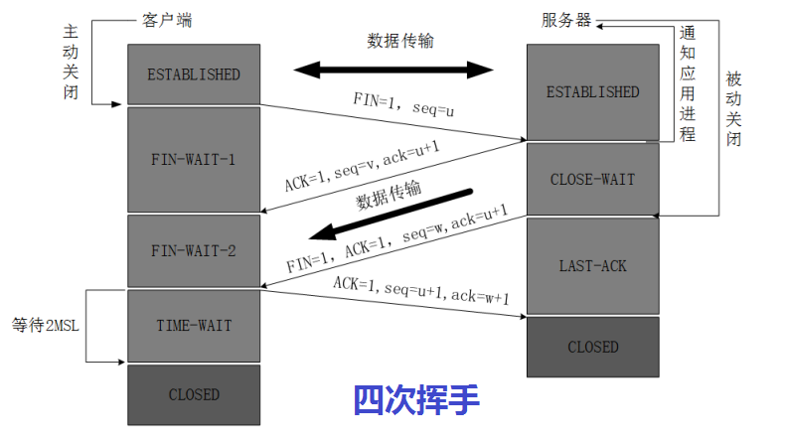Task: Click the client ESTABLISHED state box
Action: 194,74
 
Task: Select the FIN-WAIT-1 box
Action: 194,159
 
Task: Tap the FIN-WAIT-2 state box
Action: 194,250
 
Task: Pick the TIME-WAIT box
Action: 194,326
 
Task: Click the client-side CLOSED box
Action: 194,394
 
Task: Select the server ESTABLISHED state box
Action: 592,91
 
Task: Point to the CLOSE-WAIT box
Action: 592,180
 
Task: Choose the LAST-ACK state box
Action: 592,266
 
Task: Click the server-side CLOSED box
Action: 592,347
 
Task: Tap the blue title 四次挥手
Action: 417,400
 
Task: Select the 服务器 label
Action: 567,21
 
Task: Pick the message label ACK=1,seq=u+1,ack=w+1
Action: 421,289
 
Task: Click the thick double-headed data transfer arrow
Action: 393,70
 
